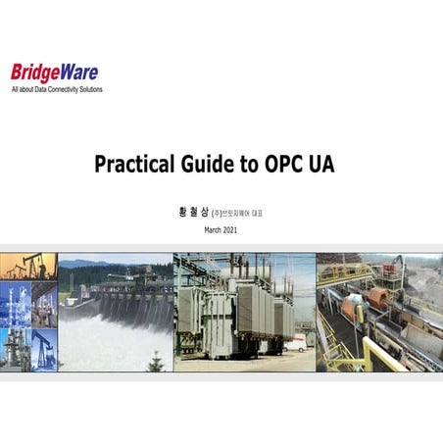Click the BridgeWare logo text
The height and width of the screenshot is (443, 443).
[54, 73]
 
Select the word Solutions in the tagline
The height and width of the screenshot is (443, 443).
[89, 89]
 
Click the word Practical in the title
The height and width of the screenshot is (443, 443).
[132, 164]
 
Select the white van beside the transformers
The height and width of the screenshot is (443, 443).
[294, 344]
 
